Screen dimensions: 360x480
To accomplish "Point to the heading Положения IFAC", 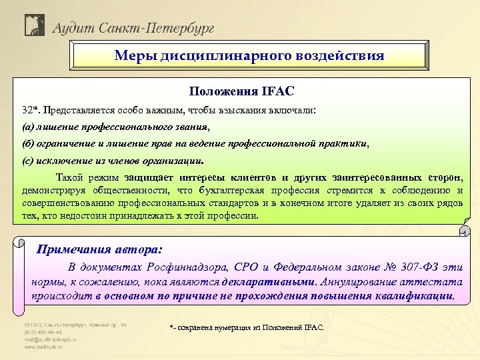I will tap(241, 90).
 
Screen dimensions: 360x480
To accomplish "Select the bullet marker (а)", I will tap(28, 126).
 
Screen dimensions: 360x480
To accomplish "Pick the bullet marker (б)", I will tap(28, 143).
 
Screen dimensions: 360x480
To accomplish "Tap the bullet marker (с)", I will tap(28, 161).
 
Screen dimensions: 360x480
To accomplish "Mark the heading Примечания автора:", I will tap(99, 249).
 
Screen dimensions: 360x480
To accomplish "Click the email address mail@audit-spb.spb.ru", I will tap(51, 339).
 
